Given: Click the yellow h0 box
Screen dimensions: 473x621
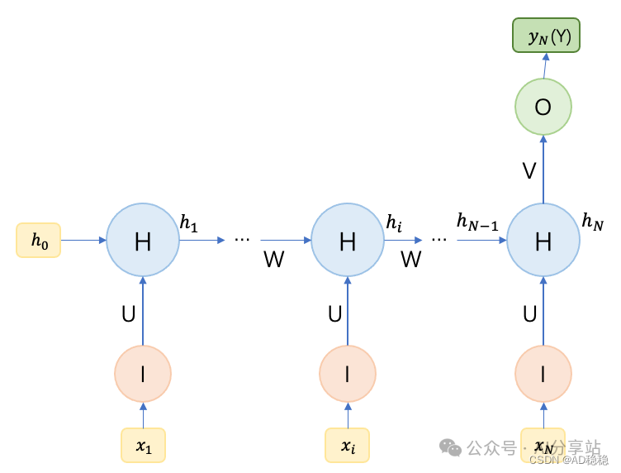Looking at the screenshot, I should coord(38,240).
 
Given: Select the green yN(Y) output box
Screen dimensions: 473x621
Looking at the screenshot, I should coord(543,36).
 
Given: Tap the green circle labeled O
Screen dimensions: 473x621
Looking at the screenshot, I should coord(543,107).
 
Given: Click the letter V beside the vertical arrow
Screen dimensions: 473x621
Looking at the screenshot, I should coord(529,171).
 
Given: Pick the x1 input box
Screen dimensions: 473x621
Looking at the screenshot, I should coord(144,447).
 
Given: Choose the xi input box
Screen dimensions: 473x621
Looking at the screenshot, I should coord(347,447).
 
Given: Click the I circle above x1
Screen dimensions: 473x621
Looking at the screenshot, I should coord(143,374).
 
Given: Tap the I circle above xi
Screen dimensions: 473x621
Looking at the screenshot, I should coord(347,374).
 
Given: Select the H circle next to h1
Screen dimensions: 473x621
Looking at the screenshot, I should coord(143,241).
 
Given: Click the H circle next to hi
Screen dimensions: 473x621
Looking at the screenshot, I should coord(347,241).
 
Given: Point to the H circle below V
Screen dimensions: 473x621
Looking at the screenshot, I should coord(543,241).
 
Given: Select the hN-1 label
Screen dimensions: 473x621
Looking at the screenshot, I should coord(477,221).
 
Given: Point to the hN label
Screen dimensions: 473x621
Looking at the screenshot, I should coord(592,221).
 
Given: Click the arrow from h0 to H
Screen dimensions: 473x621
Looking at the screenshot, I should coord(83,241).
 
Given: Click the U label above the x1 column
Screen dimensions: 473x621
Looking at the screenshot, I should coord(128,314).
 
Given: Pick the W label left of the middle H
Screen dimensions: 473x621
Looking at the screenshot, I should coord(273,260).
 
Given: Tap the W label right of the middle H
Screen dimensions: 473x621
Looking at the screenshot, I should coord(410,260).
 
